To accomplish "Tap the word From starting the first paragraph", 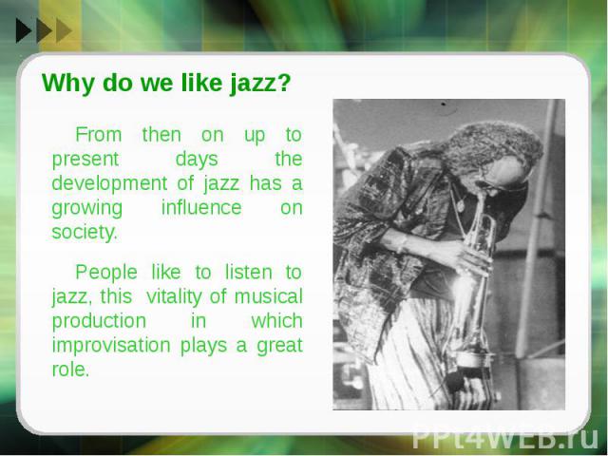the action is click(x=99, y=135).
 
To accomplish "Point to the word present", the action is click(x=85, y=160).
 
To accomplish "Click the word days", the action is click(x=197, y=160).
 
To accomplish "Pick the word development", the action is click(x=109, y=183).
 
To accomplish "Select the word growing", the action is click(x=86, y=209).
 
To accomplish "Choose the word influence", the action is click(x=201, y=207).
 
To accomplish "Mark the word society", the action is click(x=85, y=232).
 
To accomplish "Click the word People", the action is click(x=106, y=273).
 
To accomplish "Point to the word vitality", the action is click(x=174, y=297).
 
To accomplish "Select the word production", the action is click(x=99, y=321).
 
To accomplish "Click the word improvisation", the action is click(x=111, y=346).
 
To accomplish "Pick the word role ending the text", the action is click(x=70, y=370).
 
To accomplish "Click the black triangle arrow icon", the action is click(x=23, y=30).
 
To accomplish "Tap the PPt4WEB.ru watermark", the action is click(x=504, y=439).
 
